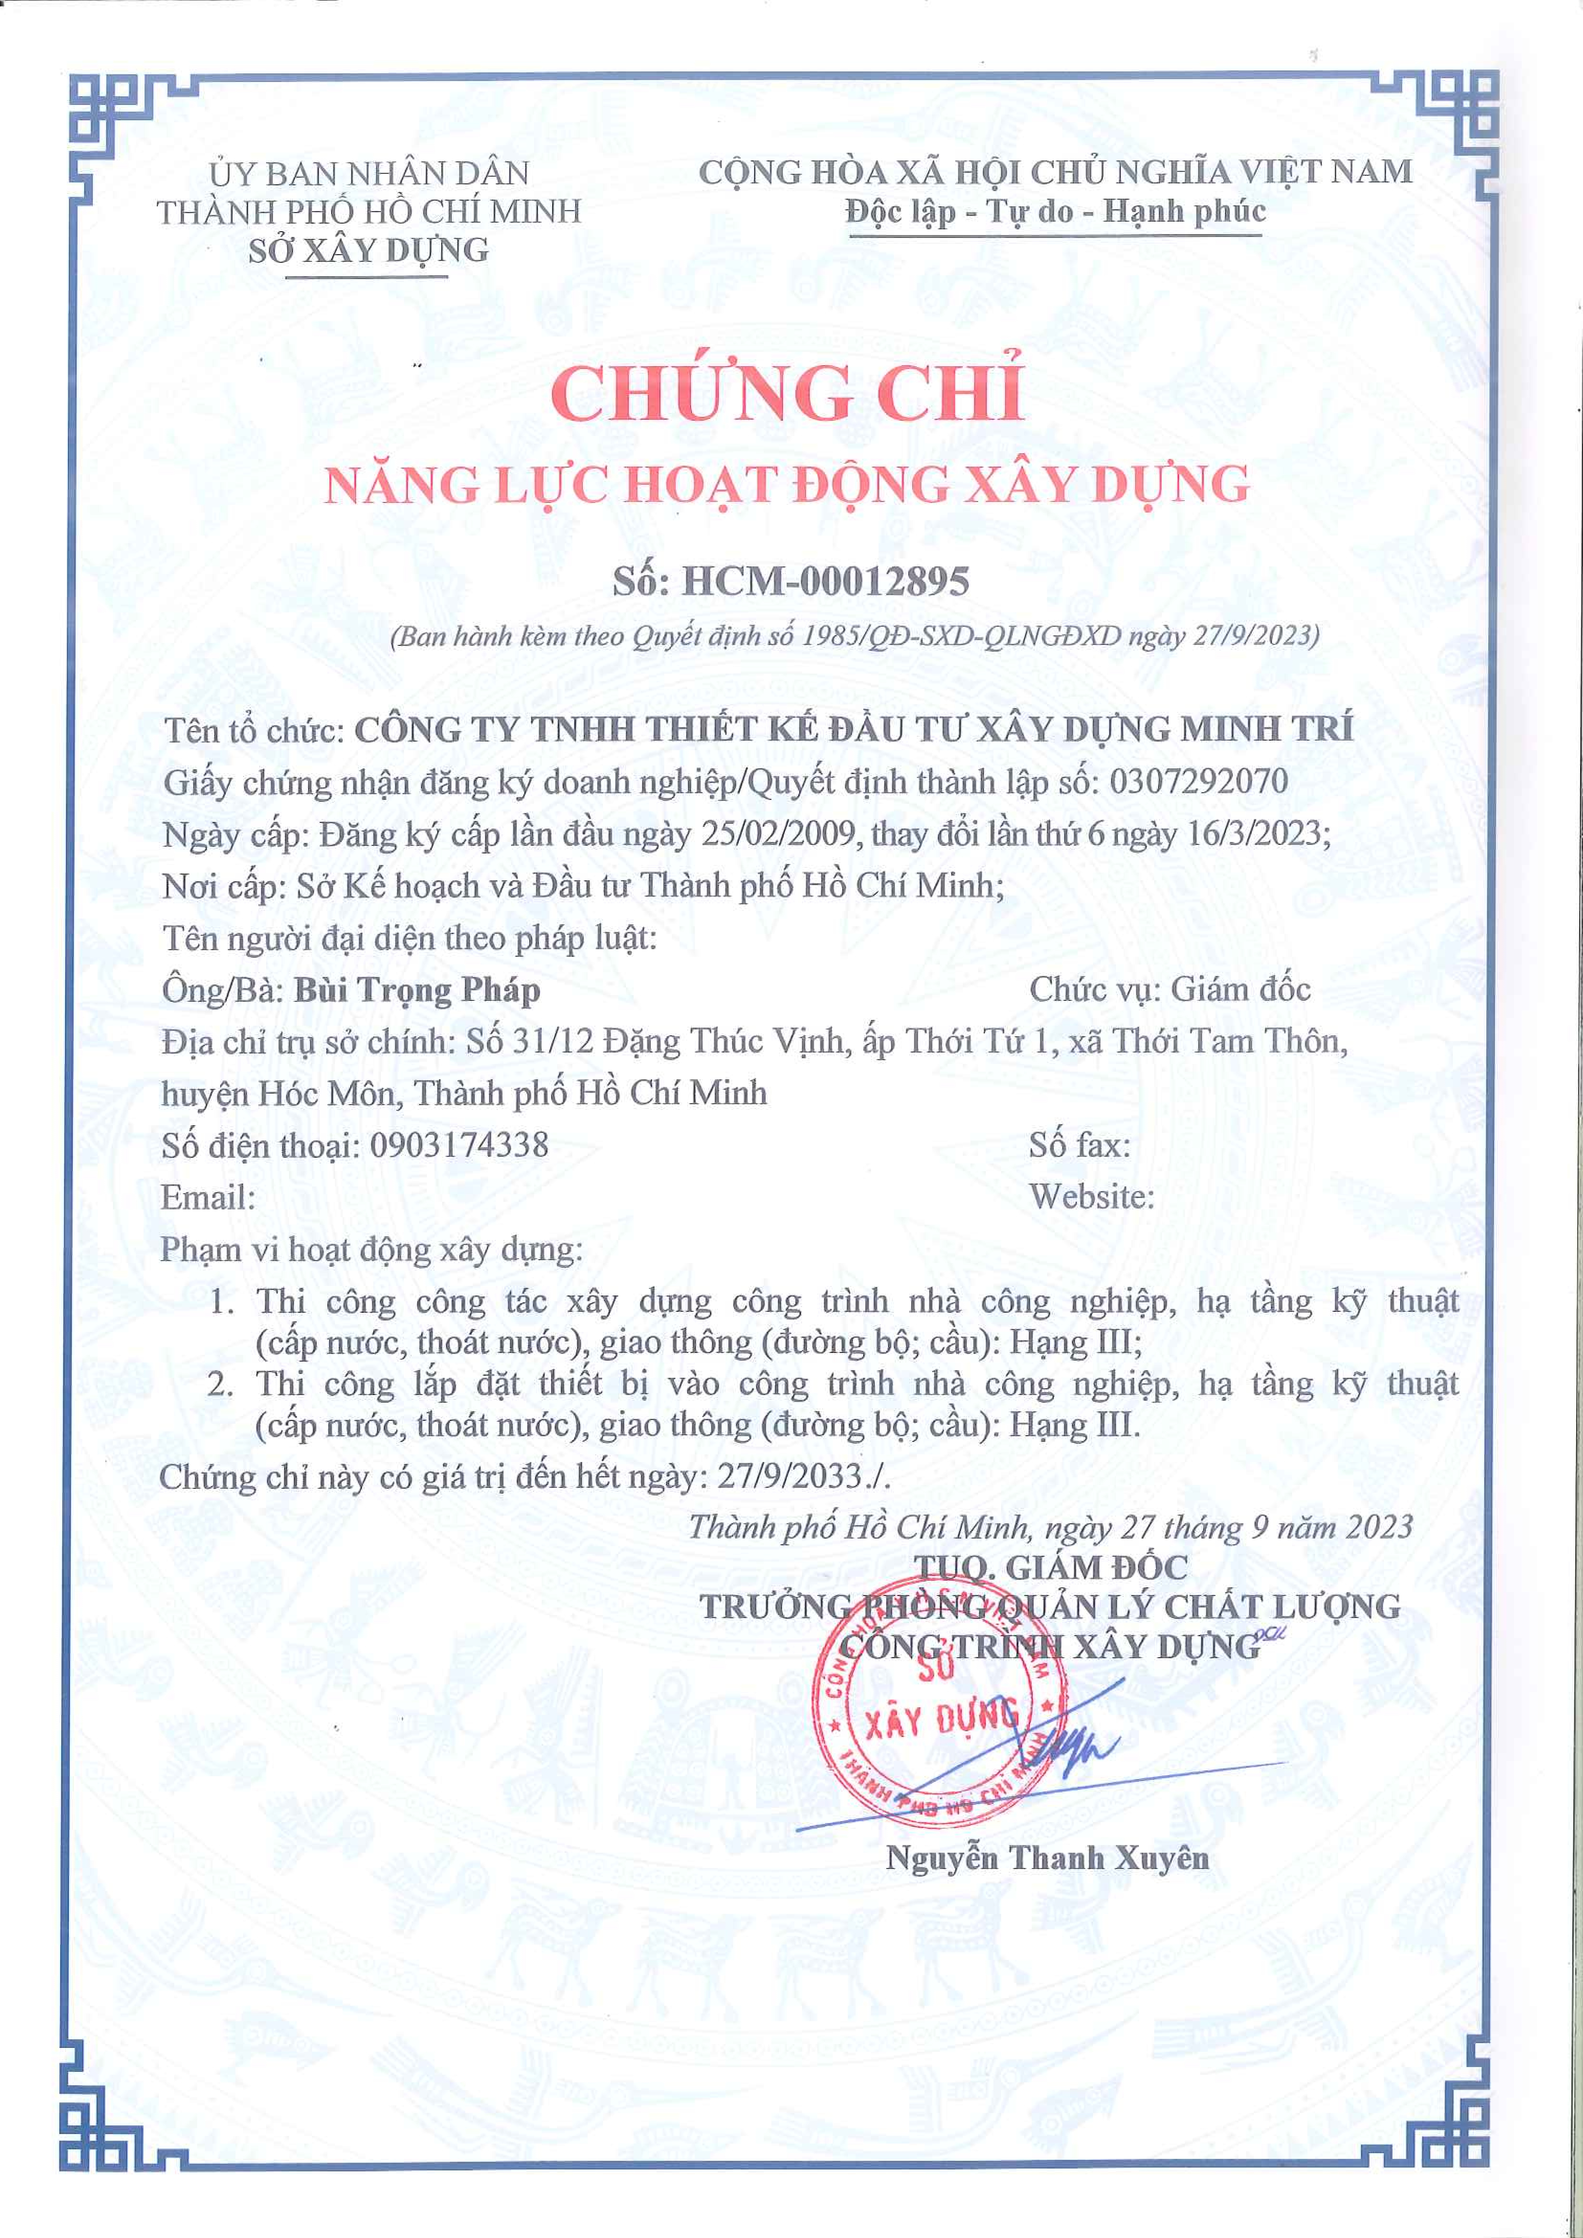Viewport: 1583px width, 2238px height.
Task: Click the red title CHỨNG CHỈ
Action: (788, 393)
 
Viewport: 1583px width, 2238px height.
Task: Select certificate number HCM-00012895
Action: (825, 582)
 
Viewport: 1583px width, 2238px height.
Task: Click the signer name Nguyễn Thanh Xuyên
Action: (1048, 1858)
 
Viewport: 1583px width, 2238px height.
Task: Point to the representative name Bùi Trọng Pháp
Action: (417, 990)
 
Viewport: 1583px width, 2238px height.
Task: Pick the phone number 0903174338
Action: (459, 1144)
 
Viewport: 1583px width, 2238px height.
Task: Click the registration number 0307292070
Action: (1198, 782)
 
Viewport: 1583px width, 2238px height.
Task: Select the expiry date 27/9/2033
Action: (791, 1477)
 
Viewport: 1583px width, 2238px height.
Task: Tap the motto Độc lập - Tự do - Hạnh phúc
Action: (1056, 211)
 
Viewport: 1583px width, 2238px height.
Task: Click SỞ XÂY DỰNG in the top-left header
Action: (368, 250)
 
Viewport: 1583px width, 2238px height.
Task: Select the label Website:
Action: (1091, 1196)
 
